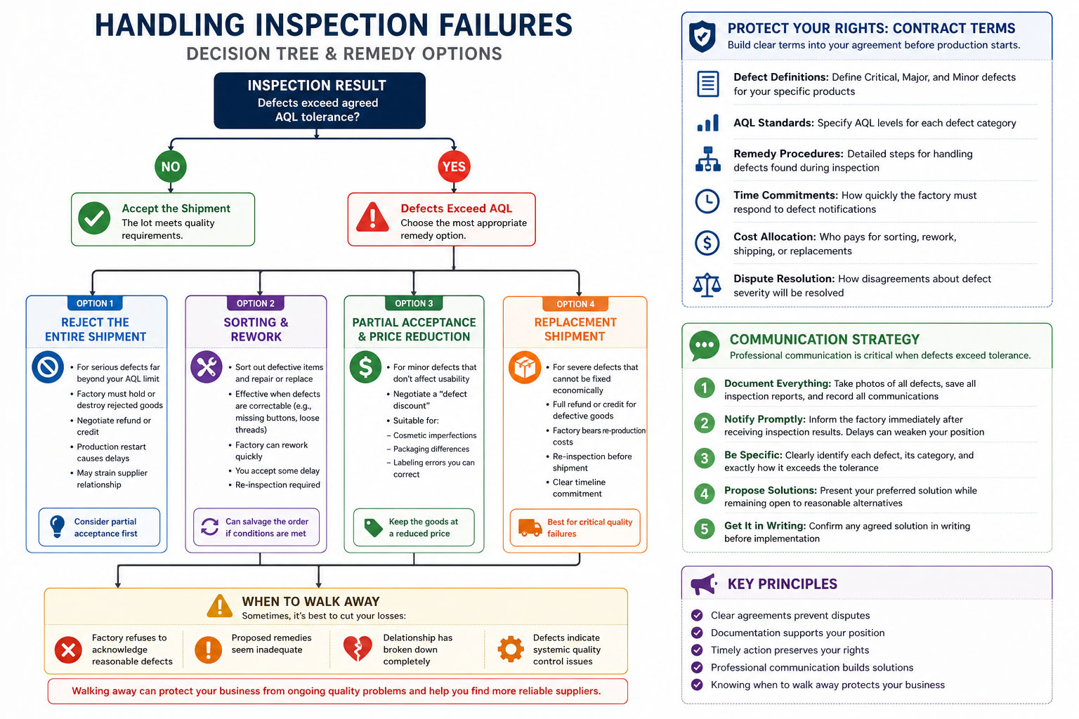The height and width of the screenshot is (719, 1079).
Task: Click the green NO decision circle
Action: [x=171, y=166]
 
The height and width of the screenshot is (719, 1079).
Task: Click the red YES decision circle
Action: [x=454, y=166]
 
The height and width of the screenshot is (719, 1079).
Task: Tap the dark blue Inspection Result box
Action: [x=320, y=100]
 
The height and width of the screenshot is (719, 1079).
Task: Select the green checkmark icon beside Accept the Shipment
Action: [x=94, y=218]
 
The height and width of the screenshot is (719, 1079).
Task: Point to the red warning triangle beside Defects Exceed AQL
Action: [x=372, y=218]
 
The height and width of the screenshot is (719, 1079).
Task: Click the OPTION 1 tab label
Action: [x=95, y=303]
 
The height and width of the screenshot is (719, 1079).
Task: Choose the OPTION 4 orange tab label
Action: [x=575, y=304]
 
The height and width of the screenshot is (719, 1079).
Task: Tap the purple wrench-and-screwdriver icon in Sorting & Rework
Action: [x=206, y=367]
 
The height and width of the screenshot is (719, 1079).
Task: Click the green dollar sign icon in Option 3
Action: [x=365, y=367]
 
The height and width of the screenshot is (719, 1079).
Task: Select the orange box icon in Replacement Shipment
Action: [x=525, y=367]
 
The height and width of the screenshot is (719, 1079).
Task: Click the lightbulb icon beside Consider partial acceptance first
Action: [x=58, y=527]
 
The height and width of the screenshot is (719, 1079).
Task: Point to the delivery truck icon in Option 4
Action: [x=530, y=527]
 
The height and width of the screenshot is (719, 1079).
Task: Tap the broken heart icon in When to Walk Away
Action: [x=358, y=649]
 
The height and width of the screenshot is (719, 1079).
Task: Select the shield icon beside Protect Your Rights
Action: [x=702, y=36]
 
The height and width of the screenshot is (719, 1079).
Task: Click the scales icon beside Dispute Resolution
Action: [x=707, y=285]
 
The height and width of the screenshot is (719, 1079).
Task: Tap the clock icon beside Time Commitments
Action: [x=707, y=202]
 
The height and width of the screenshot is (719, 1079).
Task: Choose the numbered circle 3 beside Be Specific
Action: [x=705, y=459]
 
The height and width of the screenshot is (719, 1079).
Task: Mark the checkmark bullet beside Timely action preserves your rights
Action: [x=697, y=650]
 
